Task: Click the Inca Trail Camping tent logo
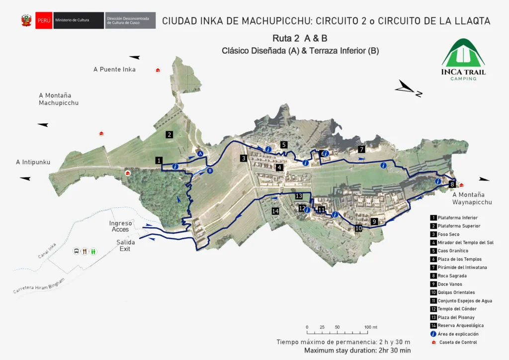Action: (x=463, y=54)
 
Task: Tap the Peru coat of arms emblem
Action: (x=26, y=20)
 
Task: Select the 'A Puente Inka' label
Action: (x=114, y=70)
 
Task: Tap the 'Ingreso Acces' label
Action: (x=121, y=226)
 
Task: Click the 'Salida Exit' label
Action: (x=126, y=245)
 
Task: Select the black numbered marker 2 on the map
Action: (x=170, y=134)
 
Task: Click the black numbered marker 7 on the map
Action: (x=361, y=149)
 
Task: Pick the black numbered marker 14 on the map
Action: (x=275, y=211)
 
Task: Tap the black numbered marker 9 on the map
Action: (x=374, y=221)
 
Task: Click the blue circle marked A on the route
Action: (x=200, y=155)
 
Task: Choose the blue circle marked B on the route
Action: (x=210, y=171)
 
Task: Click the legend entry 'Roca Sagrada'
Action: (x=452, y=275)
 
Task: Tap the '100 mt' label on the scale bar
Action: (x=371, y=327)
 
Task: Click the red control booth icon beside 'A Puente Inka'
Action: (x=158, y=70)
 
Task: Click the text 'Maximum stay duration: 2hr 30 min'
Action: (x=357, y=351)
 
